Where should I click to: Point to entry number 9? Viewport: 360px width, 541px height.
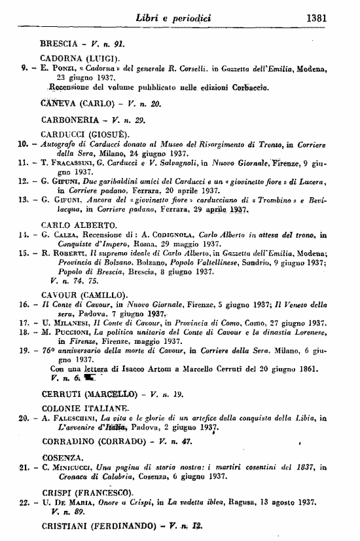24,67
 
